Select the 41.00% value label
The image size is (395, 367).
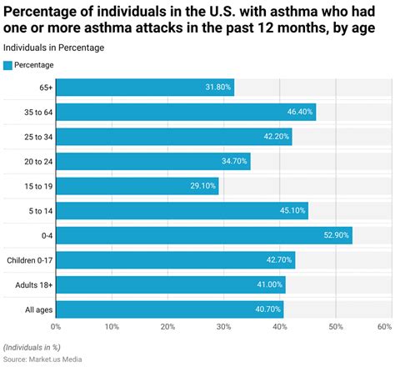click(267, 284)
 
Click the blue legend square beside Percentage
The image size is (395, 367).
click(8, 65)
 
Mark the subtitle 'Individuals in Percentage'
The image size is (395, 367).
click(54, 48)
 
